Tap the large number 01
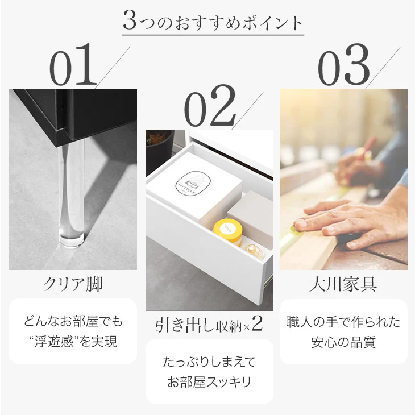[73, 65]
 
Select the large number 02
[210, 106]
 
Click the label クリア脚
[73, 284]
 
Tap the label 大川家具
[343, 284]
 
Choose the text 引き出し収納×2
[209, 324]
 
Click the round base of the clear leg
[71, 240]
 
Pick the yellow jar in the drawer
[228, 231]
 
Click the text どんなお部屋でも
[73, 321]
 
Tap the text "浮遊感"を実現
[73, 342]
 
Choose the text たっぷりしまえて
[209, 362]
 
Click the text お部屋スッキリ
[209, 382]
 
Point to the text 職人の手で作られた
[343, 322]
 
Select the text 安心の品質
[343, 342]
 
